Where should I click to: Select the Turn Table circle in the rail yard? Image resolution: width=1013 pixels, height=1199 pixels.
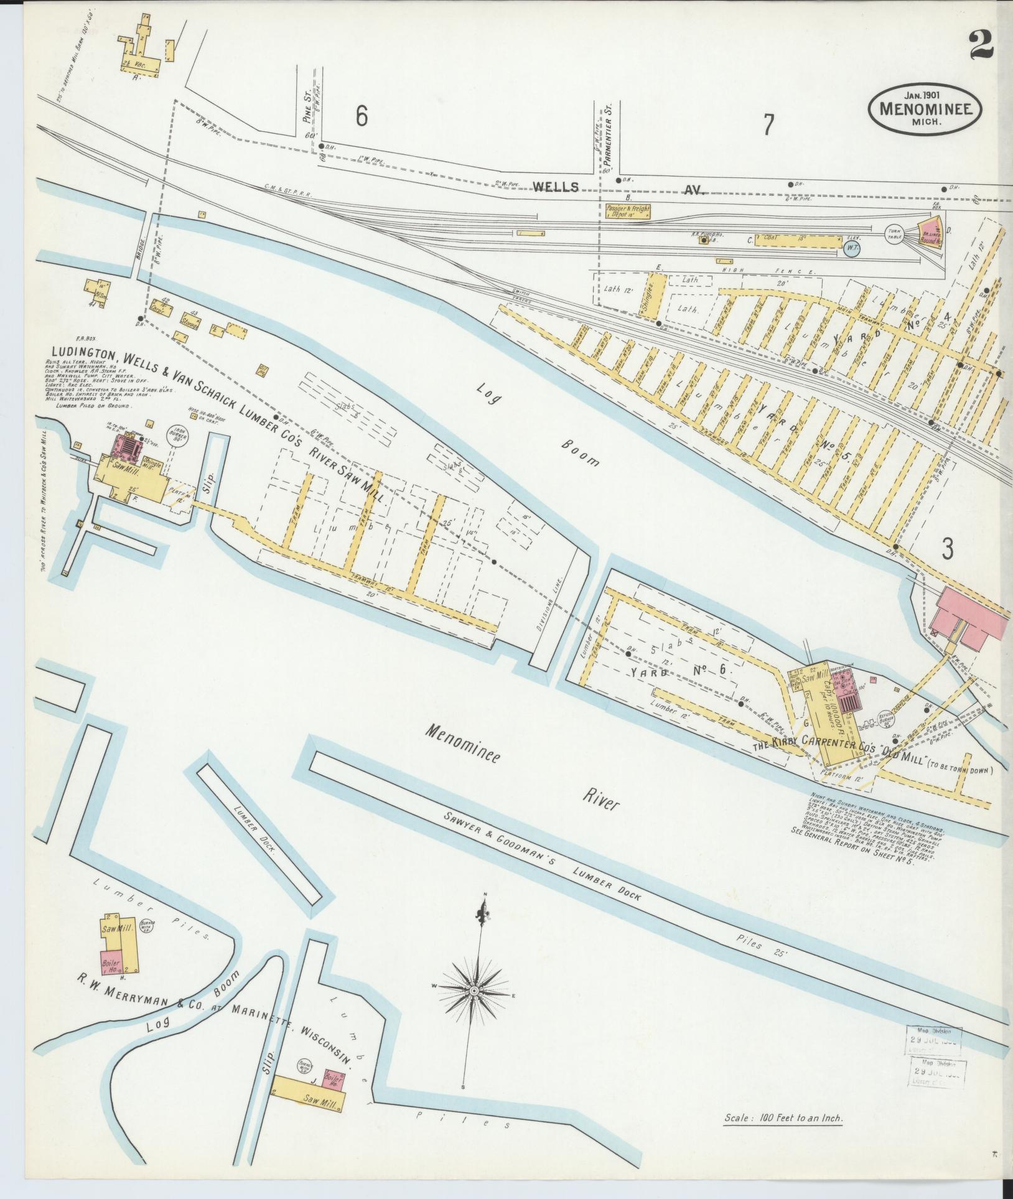pyautogui.click(x=895, y=235)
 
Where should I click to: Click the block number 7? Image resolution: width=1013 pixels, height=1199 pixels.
pyautogui.click(x=768, y=125)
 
